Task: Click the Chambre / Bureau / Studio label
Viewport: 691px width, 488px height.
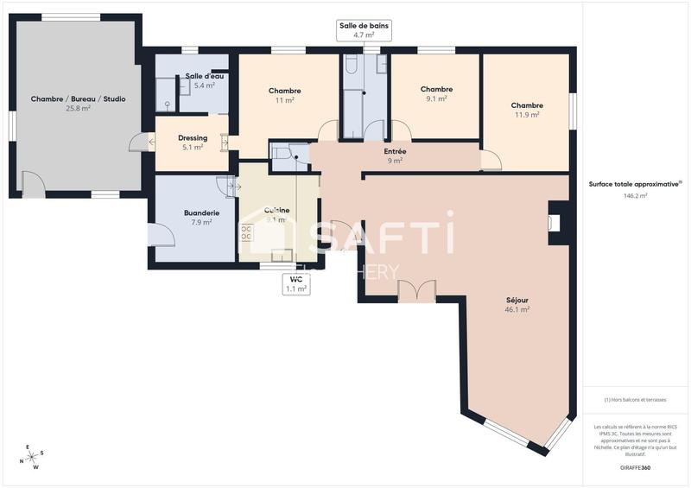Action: pyautogui.click(x=78, y=99)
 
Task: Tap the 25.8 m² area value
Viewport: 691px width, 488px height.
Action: pyautogui.click(x=78, y=110)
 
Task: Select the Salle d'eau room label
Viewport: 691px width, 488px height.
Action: pyautogui.click(x=205, y=76)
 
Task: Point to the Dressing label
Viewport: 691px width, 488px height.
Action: pyautogui.click(x=192, y=137)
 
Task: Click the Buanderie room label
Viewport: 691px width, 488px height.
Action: pyautogui.click(x=200, y=212)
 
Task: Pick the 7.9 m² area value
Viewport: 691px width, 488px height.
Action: pyautogui.click(x=200, y=223)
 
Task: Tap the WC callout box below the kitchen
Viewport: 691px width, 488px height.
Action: pyautogui.click(x=295, y=284)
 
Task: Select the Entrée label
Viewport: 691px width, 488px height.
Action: pyautogui.click(x=395, y=151)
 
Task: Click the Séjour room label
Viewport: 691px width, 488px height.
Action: pyautogui.click(x=517, y=300)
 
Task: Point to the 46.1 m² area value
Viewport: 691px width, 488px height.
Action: pyautogui.click(x=517, y=309)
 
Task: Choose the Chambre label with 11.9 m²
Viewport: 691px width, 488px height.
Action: pyautogui.click(x=525, y=105)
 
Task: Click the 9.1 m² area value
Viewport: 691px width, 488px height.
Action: pyautogui.click(x=436, y=99)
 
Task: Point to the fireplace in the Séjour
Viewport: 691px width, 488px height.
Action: pyautogui.click(x=554, y=223)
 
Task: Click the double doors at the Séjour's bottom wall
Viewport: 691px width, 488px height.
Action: pyautogui.click(x=415, y=291)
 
